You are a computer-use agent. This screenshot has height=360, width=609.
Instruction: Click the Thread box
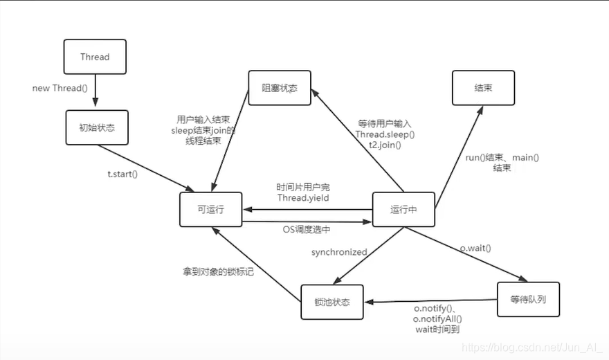(x=95, y=57)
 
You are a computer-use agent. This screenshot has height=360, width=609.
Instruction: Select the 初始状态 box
(x=98, y=127)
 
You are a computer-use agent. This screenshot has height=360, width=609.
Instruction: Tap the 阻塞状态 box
(x=279, y=88)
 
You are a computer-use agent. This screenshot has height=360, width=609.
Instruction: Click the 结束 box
(x=483, y=88)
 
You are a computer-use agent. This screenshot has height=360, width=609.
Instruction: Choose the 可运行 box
(x=211, y=209)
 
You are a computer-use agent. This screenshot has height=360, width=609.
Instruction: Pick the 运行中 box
(x=403, y=209)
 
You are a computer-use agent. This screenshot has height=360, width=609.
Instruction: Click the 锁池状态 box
(x=332, y=302)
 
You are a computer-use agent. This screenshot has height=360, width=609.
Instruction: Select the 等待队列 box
(x=529, y=299)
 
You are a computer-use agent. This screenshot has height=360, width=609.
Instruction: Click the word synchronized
(x=338, y=252)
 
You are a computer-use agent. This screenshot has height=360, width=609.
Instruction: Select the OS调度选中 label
(x=307, y=229)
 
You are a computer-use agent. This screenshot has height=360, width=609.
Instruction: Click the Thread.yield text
(x=303, y=197)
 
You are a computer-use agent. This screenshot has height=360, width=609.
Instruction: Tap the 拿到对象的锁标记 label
(x=213, y=271)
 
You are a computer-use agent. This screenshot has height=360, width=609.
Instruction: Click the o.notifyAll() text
(x=437, y=318)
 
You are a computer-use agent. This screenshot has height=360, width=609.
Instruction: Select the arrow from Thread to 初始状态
(x=95, y=91)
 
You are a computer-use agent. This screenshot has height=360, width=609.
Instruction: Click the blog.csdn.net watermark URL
(x=529, y=347)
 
